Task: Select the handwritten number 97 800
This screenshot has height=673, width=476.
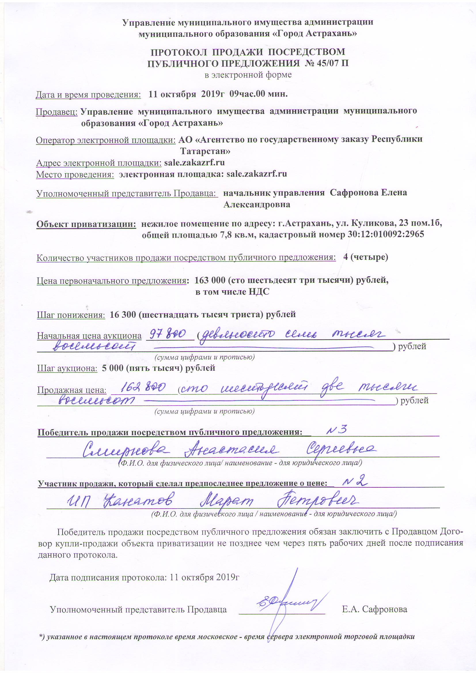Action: (x=168, y=334)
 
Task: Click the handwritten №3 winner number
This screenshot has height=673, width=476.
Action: (x=337, y=430)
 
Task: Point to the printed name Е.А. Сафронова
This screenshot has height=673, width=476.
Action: (x=375, y=609)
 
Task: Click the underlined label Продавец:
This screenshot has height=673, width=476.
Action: (x=57, y=112)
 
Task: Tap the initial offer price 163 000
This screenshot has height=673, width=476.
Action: (x=210, y=280)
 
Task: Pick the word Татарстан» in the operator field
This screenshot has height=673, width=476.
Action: (x=205, y=151)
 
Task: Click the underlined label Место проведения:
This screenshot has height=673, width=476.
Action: (x=75, y=175)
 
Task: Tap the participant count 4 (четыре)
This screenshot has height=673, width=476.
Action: (x=365, y=257)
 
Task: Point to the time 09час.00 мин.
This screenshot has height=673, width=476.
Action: (x=258, y=94)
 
